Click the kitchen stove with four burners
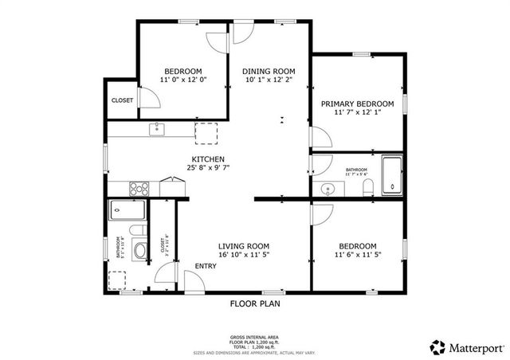tap(139, 189)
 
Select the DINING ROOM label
tap(268, 71)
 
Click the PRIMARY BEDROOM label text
tap(357, 104)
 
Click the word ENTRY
tap(205, 266)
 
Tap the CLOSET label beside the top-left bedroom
tap(122, 100)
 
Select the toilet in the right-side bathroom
tap(367, 188)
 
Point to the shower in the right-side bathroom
tap(392, 175)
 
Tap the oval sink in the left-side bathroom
tap(139, 251)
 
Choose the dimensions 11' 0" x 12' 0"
tap(183, 80)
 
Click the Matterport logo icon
tap(437, 346)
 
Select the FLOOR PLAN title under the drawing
tap(255, 303)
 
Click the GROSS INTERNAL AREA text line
tap(254, 338)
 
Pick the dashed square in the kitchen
tap(206, 132)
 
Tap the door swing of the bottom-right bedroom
tap(322, 213)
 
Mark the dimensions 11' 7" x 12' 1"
tap(357, 113)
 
